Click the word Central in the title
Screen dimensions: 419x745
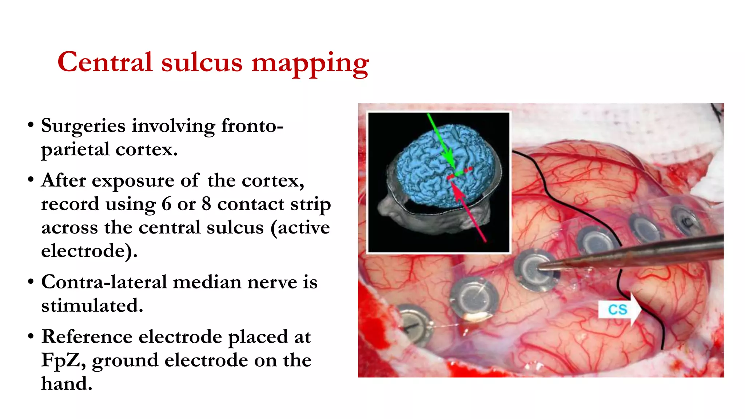[105, 62]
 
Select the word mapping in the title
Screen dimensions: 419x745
[310, 64]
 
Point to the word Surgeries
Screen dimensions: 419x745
[83, 127]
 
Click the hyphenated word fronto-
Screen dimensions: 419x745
[252, 126]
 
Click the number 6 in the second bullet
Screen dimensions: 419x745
[166, 204]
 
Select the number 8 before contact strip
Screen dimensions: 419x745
[206, 204]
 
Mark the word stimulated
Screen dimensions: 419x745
[92, 306]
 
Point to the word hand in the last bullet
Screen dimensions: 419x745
[67, 384]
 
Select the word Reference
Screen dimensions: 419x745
[87, 337]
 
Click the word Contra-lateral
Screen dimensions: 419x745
[104, 282]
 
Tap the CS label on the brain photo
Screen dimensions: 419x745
[617, 310]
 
